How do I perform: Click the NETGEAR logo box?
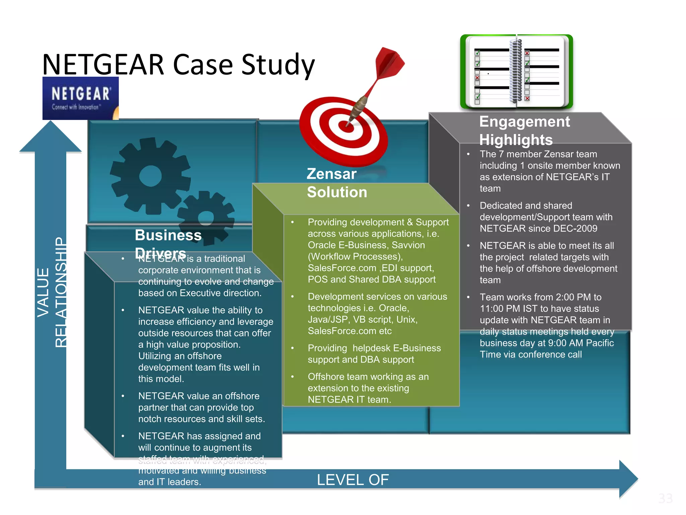(80, 98)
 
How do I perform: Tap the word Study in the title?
(278, 65)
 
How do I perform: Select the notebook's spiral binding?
(516, 71)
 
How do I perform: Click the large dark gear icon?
(150, 176)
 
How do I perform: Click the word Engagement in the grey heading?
(524, 122)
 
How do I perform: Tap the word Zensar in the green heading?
(332, 174)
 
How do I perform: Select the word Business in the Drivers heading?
(168, 235)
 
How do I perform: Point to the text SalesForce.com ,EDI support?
(371, 268)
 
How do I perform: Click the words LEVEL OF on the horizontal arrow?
(353, 480)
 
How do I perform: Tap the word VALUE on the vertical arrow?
(43, 292)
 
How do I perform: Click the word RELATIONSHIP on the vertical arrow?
(61, 292)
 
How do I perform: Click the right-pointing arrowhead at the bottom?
(628, 479)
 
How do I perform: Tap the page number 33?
(665, 499)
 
